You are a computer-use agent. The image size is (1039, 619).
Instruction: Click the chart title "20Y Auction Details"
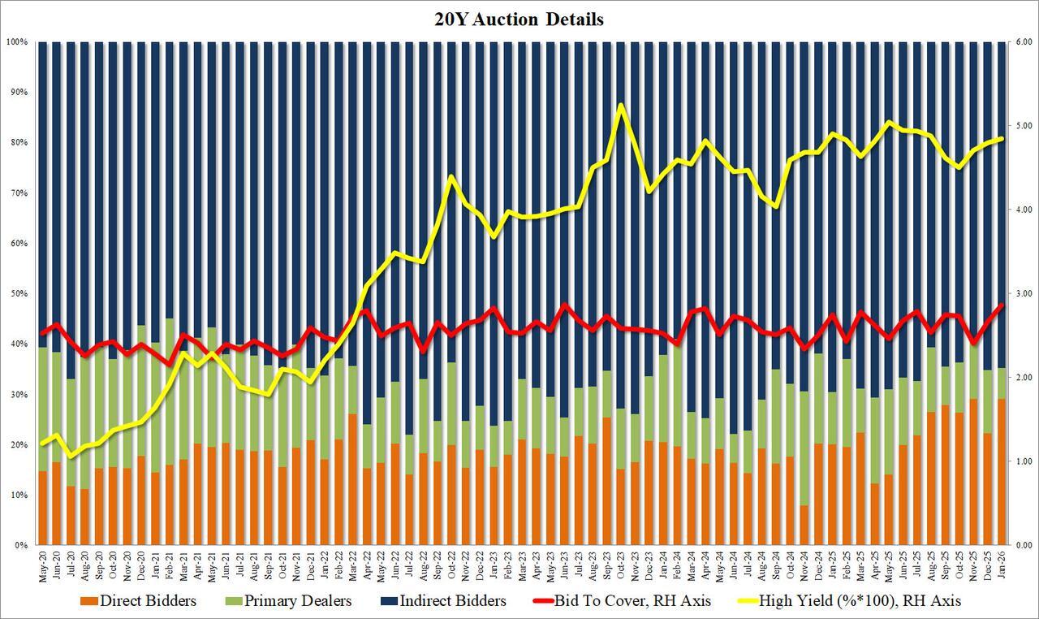coord(519,19)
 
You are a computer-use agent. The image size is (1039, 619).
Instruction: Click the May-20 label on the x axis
coord(43,565)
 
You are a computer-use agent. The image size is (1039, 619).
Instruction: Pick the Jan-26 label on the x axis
coord(1001,565)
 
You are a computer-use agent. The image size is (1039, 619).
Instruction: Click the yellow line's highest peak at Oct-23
coord(622,105)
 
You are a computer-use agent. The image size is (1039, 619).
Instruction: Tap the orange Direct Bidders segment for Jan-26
coord(1001,471)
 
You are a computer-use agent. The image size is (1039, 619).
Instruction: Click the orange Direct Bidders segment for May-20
coord(43,508)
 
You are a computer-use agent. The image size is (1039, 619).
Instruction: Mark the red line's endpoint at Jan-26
coord(1001,305)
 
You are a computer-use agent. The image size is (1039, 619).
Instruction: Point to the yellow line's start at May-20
coord(43,444)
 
